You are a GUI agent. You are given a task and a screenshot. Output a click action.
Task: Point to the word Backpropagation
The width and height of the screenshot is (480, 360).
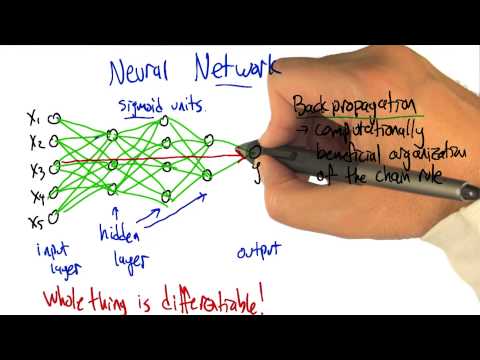(340, 105)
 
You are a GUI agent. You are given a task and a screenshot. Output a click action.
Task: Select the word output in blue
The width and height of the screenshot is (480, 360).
(259, 250)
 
